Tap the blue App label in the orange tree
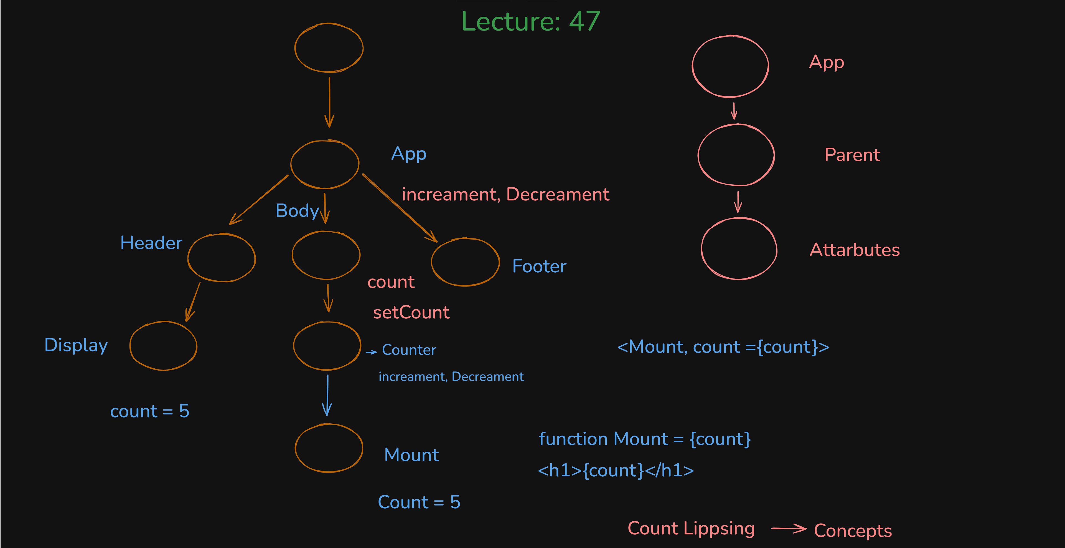tap(408, 154)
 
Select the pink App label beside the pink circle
tap(827, 62)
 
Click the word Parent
tap(852, 155)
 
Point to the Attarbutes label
tap(855, 250)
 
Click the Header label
tap(151, 243)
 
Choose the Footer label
tap(539, 266)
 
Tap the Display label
tap(76, 345)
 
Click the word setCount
tap(411, 313)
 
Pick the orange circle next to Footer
tap(465, 262)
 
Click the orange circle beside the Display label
tap(163, 346)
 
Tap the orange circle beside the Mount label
tap(329, 448)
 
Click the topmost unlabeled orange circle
tap(329, 47)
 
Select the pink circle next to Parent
tap(736, 155)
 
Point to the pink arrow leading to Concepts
tap(788, 529)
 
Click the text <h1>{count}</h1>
tap(616, 471)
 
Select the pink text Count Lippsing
tap(691, 529)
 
